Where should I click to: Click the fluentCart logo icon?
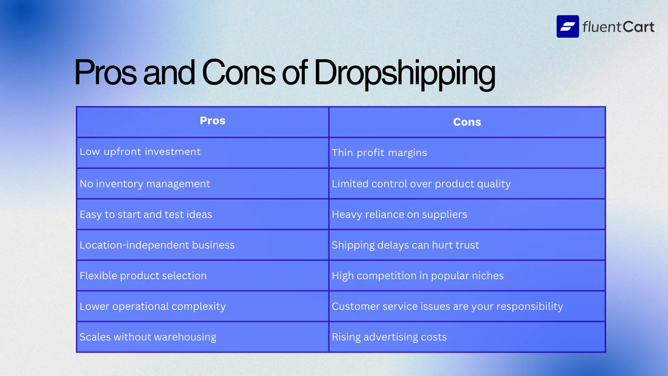click(x=567, y=26)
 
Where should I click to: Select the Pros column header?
click(x=213, y=121)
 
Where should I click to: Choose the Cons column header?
click(x=467, y=122)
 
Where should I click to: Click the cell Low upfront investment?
click(x=140, y=152)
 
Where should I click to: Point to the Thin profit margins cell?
click(x=379, y=153)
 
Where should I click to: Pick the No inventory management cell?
click(x=145, y=184)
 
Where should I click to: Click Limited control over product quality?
click(x=421, y=184)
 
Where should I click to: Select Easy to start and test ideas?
click(x=146, y=214)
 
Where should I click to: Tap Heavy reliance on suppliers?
click(x=399, y=214)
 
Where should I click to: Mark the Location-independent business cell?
click(x=157, y=245)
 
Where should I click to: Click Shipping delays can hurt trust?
click(x=405, y=245)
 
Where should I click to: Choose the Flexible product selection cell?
click(x=143, y=276)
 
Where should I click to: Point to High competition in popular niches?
click(x=417, y=276)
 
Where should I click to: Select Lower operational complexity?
click(x=153, y=306)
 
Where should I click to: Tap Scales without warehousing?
click(x=148, y=337)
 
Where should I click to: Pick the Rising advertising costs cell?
click(x=389, y=337)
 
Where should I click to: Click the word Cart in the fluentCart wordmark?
click(x=638, y=27)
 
